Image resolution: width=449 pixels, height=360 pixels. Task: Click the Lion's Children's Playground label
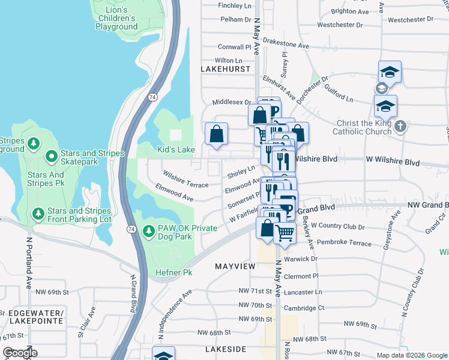click(x=116, y=18)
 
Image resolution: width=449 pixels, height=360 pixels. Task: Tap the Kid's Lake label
click(x=176, y=149)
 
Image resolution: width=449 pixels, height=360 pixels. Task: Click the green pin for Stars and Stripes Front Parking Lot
click(x=38, y=213)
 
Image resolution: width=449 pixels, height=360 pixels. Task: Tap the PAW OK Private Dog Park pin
click(x=149, y=231)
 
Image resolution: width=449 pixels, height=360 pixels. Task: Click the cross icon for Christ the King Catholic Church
click(x=402, y=127)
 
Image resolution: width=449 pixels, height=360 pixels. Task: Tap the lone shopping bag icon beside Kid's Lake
click(x=217, y=134)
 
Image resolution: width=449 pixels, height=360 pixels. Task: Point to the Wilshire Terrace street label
click(x=185, y=179)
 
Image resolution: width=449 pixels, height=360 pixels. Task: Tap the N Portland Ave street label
click(x=28, y=262)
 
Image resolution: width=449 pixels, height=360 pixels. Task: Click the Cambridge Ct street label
click(x=304, y=308)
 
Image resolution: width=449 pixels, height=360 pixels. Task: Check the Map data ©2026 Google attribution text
click(x=411, y=355)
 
